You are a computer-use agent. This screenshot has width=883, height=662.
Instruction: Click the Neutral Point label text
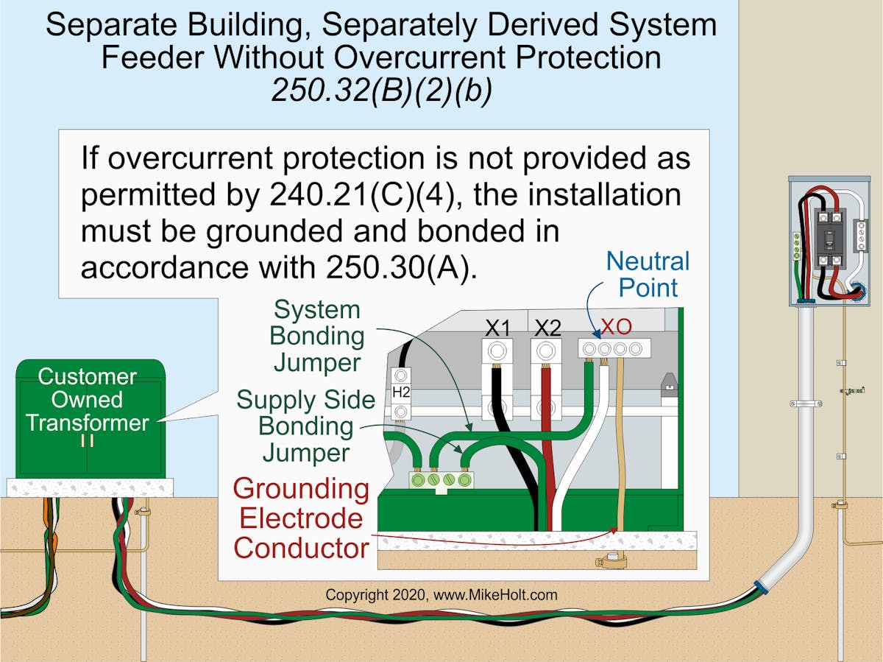pyautogui.click(x=648, y=275)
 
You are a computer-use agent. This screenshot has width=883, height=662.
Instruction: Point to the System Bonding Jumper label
pyautogui.click(x=316, y=336)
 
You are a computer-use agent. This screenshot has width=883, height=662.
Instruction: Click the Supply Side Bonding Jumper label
pyautogui.click(x=305, y=426)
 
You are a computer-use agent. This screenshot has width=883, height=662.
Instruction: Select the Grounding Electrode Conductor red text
pyautogui.click(x=302, y=518)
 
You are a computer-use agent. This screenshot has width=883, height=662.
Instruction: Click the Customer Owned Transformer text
pyautogui.click(x=88, y=400)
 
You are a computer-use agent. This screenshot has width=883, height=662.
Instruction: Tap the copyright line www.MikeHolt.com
pyautogui.click(x=441, y=594)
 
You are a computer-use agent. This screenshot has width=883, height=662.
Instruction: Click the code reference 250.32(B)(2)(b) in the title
pyautogui.click(x=381, y=91)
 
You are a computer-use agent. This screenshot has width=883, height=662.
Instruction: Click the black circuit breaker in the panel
pyautogui.click(x=829, y=237)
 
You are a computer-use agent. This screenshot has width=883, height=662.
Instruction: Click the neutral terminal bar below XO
pyautogui.click(x=612, y=348)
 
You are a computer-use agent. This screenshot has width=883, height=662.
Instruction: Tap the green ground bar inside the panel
pyautogui.click(x=795, y=245)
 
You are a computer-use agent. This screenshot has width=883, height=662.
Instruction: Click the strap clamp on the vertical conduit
pyautogui.click(x=806, y=404)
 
